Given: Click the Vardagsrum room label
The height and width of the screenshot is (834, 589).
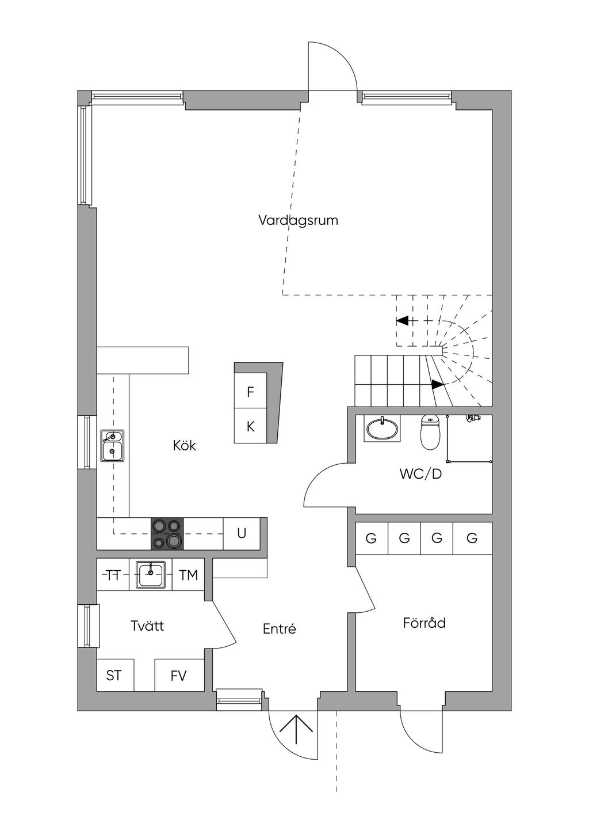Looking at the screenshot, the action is (x=298, y=220).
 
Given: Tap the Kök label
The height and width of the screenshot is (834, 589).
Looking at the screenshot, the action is (x=185, y=445).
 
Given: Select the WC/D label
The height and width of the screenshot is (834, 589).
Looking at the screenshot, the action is (x=420, y=475).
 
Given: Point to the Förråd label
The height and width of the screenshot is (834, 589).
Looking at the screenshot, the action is (x=424, y=623).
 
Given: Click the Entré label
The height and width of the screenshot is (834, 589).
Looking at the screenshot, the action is (x=280, y=629).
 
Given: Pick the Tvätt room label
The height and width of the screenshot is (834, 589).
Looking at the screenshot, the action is (x=147, y=625).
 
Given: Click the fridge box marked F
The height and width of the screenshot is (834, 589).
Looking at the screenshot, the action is (x=250, y=392).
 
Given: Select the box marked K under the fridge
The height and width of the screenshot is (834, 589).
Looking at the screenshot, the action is (x=250, y=426).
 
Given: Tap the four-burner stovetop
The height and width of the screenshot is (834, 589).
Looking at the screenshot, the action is (x=167, y=534).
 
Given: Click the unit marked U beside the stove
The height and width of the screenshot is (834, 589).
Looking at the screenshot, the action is (x=242, y=533).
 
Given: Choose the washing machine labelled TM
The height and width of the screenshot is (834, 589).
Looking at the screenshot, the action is (x=188, y=575).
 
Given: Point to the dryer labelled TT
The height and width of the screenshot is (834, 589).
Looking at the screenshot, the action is (x=113, y=575).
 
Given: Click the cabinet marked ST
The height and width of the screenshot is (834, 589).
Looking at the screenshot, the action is (x=114, y=675).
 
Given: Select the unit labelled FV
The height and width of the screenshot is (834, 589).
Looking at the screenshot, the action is (x=179, y=675).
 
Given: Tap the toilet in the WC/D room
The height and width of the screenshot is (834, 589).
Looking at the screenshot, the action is (x=430, y=433).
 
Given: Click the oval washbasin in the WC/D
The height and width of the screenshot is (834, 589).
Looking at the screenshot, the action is (x=382, y=429).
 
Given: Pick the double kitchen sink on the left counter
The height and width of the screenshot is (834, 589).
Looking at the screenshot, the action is (x=112, y=446).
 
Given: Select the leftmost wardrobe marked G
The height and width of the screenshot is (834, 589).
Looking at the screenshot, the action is (x=371, y=539).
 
